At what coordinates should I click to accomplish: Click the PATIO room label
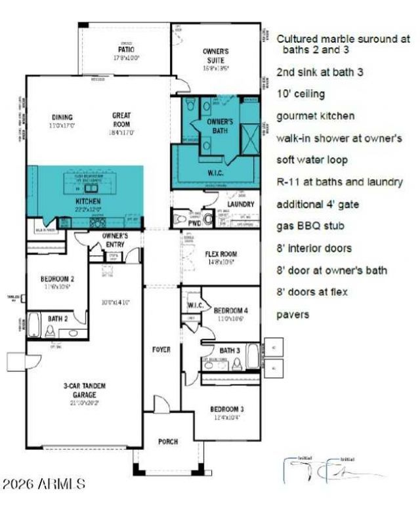tap(125, 48)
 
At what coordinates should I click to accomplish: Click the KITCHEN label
tap(88, 201)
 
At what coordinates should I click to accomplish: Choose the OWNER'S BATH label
tap(220, 125)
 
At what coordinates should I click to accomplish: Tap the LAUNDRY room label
tap(241, 204)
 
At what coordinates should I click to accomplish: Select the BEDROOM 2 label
tap(58, 279)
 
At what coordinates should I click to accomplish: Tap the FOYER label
tap(161, 350)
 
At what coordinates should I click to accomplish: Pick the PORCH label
tap(168, 441)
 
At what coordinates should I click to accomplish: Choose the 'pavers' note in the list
tap(293, 314)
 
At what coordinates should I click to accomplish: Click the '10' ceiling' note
tap(301, 94)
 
